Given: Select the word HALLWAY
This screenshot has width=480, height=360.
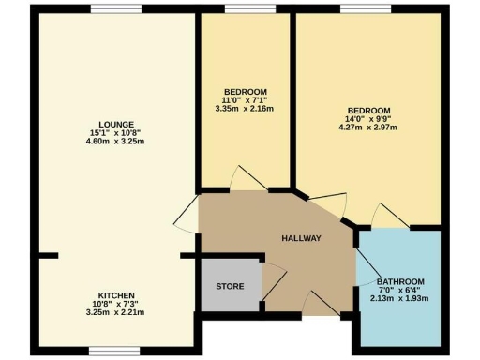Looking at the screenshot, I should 302,238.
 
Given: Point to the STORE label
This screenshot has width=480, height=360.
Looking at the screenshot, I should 230,286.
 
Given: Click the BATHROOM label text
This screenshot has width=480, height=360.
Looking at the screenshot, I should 400,282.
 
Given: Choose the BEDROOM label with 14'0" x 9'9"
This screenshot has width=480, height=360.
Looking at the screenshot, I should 369,109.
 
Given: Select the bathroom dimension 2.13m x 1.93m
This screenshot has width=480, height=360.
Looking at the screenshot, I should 400,299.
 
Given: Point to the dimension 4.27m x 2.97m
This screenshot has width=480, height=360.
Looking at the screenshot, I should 369,126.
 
